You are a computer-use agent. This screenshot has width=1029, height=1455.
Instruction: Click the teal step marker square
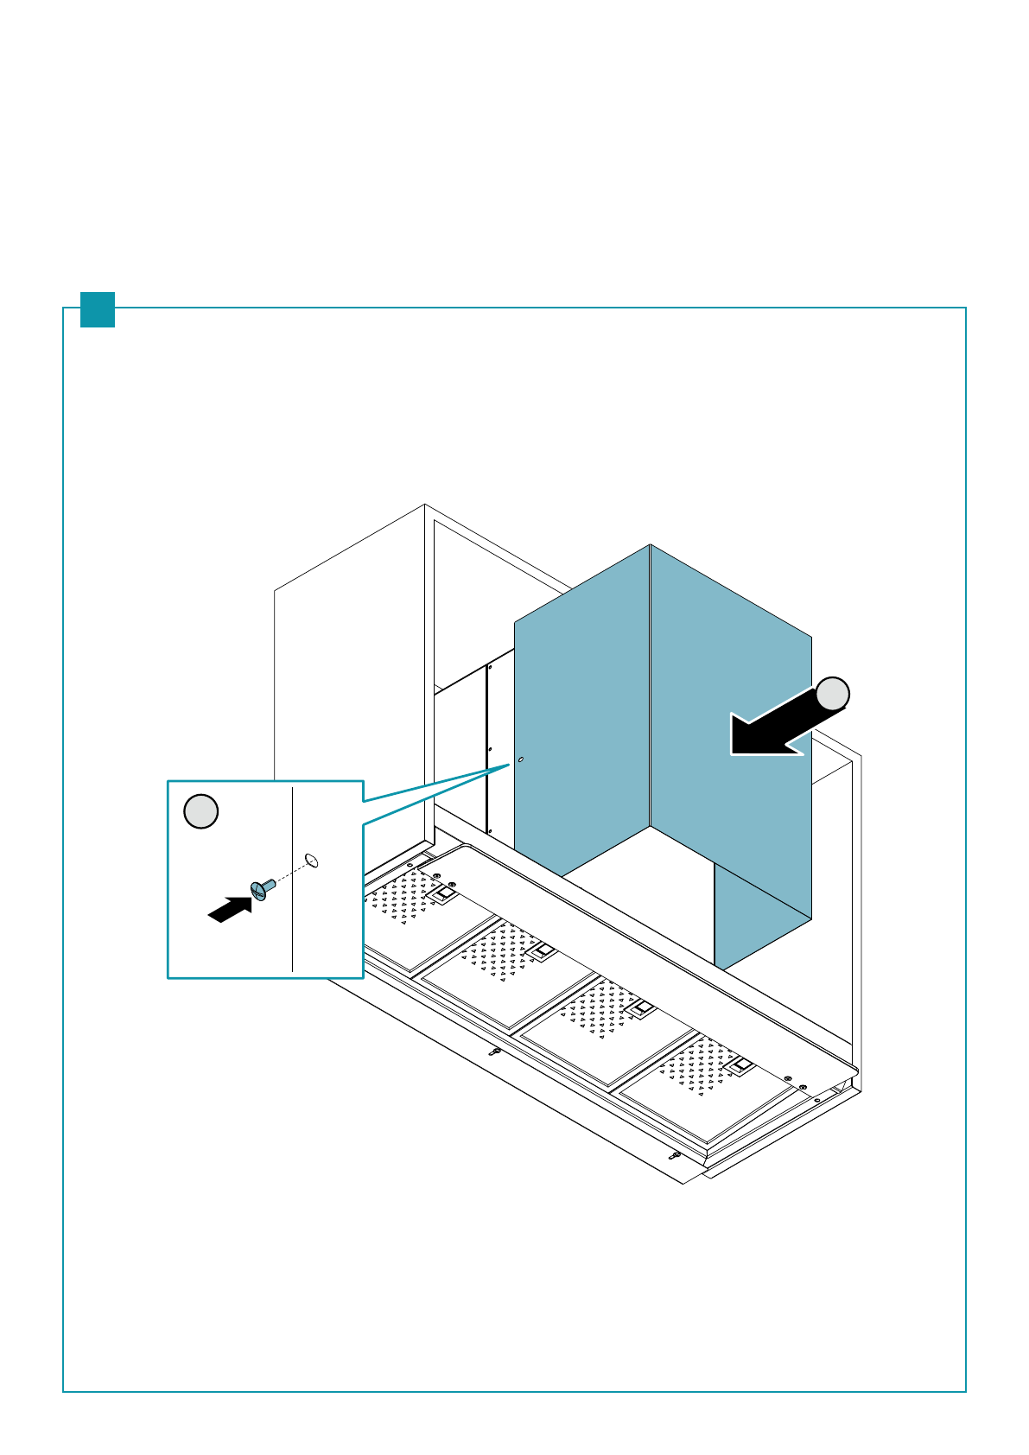98,309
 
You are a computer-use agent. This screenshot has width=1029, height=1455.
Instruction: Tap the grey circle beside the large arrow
833,694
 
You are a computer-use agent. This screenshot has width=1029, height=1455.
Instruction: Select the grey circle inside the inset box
201,811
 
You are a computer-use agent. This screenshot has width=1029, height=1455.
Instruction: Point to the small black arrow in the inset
230,909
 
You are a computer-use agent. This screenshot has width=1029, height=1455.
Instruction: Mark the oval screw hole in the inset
313,860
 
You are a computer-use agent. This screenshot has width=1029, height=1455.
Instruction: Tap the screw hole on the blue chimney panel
520,759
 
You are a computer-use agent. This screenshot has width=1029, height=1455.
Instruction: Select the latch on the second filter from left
542,951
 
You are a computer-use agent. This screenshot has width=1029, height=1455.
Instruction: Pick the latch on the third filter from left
641,1008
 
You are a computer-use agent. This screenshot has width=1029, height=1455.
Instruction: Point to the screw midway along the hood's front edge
495,1052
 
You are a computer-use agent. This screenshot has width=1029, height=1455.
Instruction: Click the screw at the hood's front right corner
676,1155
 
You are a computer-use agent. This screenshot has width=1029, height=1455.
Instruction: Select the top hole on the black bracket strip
490,667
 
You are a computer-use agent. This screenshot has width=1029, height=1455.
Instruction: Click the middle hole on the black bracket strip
490,750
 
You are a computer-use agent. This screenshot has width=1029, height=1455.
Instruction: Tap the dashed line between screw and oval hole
290,873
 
